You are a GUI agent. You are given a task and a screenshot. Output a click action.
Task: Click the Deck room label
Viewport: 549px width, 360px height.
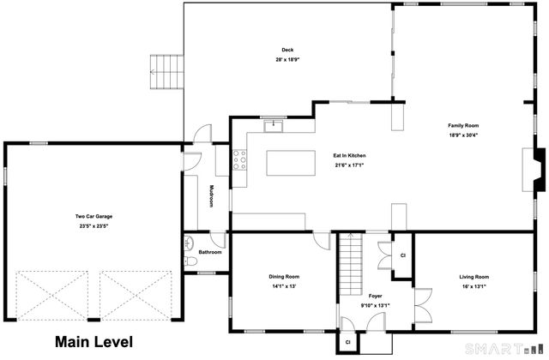click(x=287, y=50)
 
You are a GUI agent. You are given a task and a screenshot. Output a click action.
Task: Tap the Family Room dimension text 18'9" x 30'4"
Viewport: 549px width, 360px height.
click(x=463, y=135)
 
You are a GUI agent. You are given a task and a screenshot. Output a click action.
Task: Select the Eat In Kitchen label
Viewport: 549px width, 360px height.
click(x=349, y=156)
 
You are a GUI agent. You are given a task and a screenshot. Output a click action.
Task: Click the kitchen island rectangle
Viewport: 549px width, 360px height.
click(x=291, y=163)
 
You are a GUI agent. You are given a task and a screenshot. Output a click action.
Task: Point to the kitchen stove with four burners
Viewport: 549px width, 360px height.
click(x=240, y=160)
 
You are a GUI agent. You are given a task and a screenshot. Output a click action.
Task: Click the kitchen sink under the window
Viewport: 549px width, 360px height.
click(x=273, y=126)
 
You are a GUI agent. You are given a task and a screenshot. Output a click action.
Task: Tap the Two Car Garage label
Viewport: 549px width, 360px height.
click(x=94, y=217)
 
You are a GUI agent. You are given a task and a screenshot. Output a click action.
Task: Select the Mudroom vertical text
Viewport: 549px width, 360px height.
click(x=211, y=196)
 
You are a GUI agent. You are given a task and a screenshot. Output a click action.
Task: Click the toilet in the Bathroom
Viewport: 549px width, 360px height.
click(x=190, y=261)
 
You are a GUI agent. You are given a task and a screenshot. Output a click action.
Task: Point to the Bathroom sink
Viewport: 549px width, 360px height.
click(x=189, y=243)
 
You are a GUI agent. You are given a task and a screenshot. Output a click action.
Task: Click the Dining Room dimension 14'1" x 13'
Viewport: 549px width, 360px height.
click(x=284, y=286)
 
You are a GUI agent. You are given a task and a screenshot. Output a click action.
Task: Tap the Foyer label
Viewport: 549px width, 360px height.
click(x=375, y=296)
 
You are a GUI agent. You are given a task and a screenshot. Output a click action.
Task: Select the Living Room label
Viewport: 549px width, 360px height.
click(x=474, y=277)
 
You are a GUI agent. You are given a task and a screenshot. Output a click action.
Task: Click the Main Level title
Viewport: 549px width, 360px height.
click(x=94, y=342)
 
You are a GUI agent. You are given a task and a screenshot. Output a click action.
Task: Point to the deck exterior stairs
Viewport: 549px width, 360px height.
click(x=167, y=72)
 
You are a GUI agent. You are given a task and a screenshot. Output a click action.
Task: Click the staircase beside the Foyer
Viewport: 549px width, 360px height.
click(x=351, y=265)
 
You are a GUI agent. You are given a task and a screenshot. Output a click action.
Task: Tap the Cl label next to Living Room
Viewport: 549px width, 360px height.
click(x=402, y=255)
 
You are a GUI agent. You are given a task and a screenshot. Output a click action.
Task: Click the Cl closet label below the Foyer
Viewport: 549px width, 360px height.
click(x=347, y=342)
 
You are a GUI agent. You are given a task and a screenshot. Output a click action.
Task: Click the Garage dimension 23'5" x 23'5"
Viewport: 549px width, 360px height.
click(x=94, y=226)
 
